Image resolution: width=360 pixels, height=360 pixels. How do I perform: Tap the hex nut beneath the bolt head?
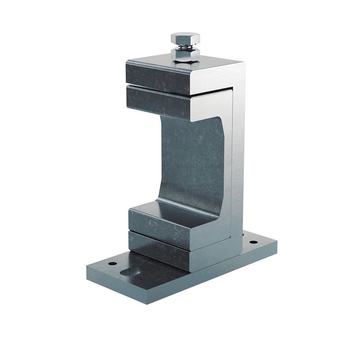click(185, 55)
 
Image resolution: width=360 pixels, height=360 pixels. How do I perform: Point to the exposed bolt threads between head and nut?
click(185, 46)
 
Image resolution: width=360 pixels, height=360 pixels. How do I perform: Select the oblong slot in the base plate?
click(131, 271)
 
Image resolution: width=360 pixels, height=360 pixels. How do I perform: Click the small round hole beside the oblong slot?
click(112, 264)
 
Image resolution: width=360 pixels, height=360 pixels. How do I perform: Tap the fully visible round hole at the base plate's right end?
click(253, 242)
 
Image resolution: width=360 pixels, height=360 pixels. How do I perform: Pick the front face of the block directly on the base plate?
click(158, 250)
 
